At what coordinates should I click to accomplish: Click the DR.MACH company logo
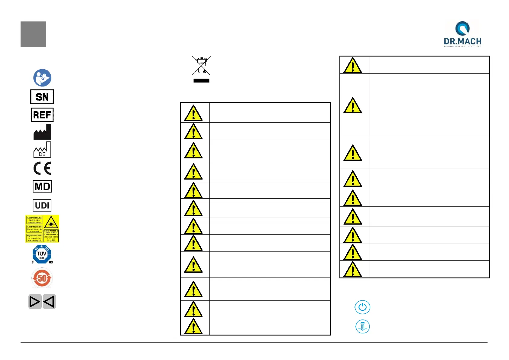coord(462,34)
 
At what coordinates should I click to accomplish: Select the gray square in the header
coord(33,34)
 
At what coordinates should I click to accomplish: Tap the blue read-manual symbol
coord(42,78)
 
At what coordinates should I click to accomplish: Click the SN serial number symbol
coord(42,97)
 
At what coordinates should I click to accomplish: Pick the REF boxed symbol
coord(42,115)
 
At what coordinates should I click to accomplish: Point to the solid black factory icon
coord(42,132)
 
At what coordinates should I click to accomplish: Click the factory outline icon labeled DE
coord(42,150)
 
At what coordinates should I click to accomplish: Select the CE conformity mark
coord(42,168)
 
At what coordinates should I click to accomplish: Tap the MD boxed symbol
coord(42,186)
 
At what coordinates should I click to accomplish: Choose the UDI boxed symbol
coord(42,206)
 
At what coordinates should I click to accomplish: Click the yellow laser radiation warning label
coord(42,229)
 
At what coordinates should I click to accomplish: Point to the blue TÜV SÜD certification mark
coord(42,254)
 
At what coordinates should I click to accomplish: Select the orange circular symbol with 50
coord(42,278)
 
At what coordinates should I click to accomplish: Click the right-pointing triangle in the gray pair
coord(35,302)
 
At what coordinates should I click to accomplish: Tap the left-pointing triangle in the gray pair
coord(49,302)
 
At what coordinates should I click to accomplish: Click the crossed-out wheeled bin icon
coord(201,65)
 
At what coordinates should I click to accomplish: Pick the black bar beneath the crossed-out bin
coord(201,81)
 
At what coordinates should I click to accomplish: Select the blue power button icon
coord(362,307)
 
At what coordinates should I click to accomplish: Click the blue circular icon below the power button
coord(362,327)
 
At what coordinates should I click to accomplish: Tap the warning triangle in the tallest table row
coord(352,105)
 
